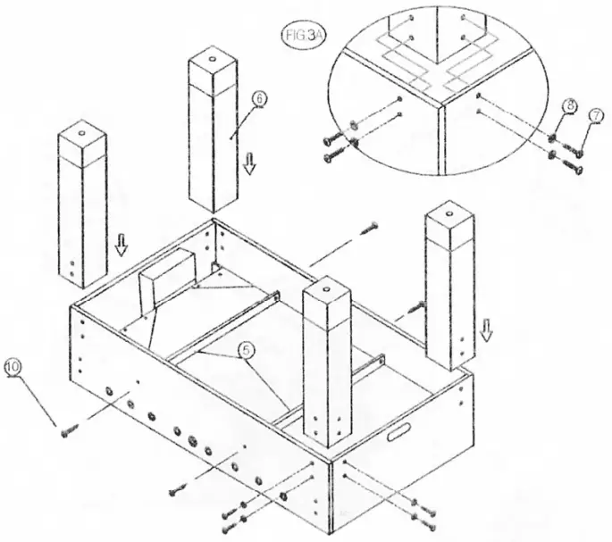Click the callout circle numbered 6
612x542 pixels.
(x=258, y=100)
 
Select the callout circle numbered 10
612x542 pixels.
(x=13, y=366)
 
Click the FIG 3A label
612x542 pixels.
(x=298, y=36)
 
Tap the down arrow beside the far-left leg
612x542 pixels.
(x=122, y=244)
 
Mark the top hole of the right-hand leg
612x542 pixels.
(x=447, y=211)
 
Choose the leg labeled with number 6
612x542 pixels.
(x=216, y=134)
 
